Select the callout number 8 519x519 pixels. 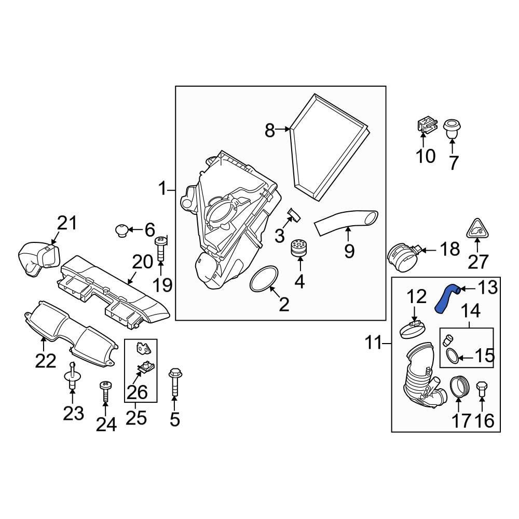point(269,130)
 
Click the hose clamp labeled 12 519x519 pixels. point(413,329)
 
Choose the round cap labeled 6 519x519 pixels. point(121,229)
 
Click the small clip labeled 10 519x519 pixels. point(426,125)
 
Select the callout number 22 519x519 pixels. point(45,360)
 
